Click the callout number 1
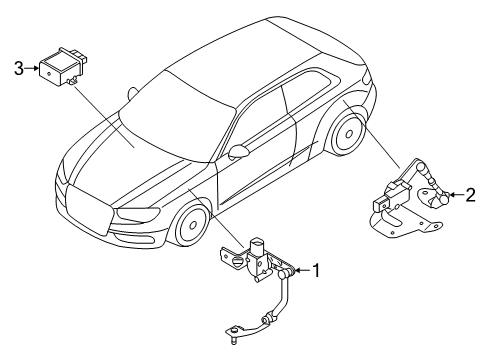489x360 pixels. coord(316,270)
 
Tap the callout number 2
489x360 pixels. coord(470,195)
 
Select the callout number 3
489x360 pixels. coord(19,68)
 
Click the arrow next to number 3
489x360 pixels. coord(32,68)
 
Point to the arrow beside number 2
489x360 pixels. coord(456,195)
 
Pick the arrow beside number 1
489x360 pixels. coord(302,270)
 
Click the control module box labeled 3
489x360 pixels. coord(63,68)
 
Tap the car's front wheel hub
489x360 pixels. coord(193,225)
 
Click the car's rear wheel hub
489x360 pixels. coord(349,134)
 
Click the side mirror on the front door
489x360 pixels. coord(239,151)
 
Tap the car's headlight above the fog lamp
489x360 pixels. coord(138,214)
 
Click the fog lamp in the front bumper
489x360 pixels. coord(135,237)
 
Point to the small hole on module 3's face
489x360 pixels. coord(49,74)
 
